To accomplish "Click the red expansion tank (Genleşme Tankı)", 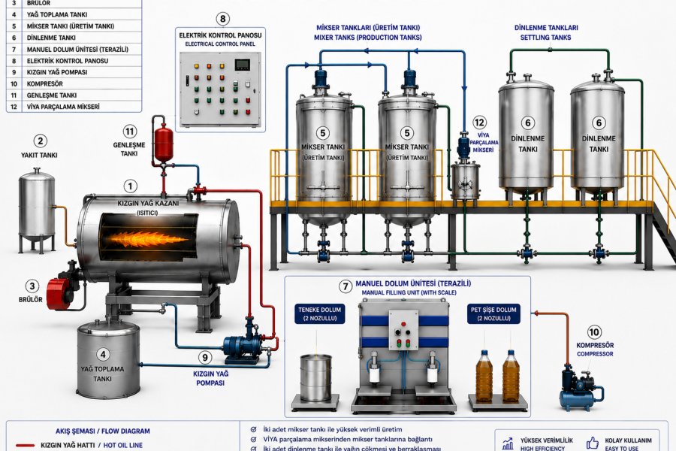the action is click(164, 143).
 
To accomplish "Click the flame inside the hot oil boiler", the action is click(144, 239).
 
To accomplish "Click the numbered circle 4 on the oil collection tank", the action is click(103, 354).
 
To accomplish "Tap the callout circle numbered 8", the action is click(222, 19).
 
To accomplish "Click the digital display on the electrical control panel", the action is click(242, 65).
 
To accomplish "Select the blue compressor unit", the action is click(581, 388).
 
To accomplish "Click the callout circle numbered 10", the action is click(594, 332).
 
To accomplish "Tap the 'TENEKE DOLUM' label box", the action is click(319, 313).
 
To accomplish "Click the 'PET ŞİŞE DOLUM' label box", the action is click(493, 313).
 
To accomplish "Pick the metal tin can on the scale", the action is click(316, 377).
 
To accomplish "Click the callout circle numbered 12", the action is click(479, 123).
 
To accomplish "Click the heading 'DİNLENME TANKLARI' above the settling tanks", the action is click(546, 28).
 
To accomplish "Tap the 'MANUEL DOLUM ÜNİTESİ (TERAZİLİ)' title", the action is click(413, 283).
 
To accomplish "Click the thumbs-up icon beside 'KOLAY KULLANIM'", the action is click(593, 443).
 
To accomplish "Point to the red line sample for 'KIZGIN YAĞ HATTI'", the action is click(25, 445).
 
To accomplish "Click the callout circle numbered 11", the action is click(130, 132).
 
